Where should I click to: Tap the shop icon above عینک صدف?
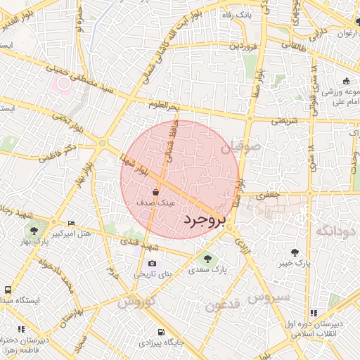click(155, 191)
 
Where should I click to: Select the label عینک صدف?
click(160, 202)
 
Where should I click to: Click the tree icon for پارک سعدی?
click(207, 258)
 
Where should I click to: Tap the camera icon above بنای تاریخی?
click(153, 264)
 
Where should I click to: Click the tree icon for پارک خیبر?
click(294, 252)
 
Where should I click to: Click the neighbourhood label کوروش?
click(135, 303)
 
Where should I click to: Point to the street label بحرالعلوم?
click(164, 105)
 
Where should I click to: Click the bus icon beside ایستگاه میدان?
click(8, 290)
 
